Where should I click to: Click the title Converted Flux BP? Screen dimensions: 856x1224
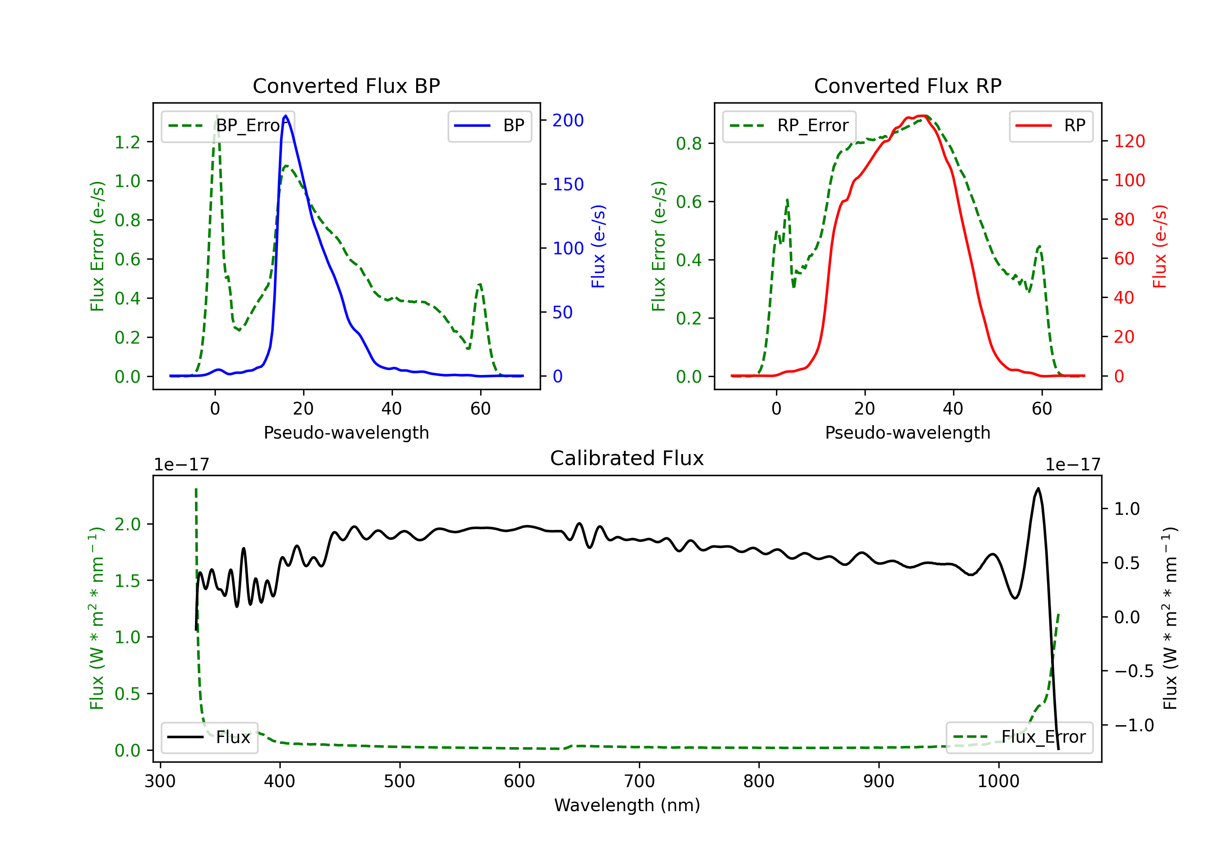(346, 86)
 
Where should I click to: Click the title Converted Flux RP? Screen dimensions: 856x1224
(907, 86)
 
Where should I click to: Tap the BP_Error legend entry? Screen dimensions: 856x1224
(228, 126)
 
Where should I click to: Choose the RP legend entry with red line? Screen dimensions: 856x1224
(1051, 126)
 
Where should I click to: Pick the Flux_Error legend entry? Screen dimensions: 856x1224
(1019, 737)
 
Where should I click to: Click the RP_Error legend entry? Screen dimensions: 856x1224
(789, 126)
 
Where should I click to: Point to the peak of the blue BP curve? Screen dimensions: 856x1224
(286, 116)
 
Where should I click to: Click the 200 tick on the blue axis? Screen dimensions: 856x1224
(568, 120)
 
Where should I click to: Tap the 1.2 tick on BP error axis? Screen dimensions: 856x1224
(127, 142)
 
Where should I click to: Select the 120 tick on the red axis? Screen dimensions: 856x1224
(1129, 141)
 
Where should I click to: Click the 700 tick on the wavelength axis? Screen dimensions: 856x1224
(639, 781)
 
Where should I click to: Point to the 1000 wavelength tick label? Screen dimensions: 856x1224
(998, 781)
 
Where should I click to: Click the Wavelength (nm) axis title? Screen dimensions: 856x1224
(627, 805)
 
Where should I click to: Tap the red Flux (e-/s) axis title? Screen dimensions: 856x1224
(1160, 246)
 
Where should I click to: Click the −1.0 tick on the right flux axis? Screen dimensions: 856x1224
(1134, 725)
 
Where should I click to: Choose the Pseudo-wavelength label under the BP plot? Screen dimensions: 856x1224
(346, 432)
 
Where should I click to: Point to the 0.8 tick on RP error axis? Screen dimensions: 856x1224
(689, 144)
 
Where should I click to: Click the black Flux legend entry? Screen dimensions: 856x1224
(210, 737)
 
